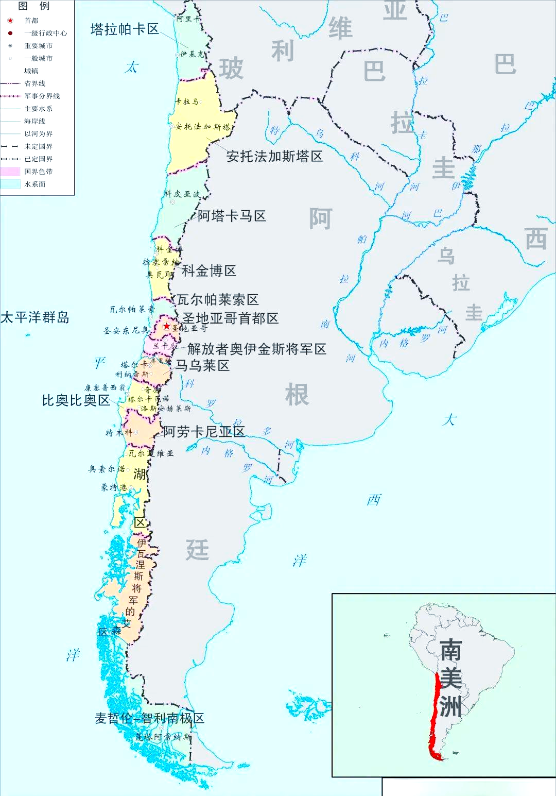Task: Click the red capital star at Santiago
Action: pyautogui.click(x=167, y=326)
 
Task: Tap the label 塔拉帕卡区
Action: pyautogui.click(x=125, y=29)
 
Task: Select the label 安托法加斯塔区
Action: pyautogui.click(x=274, y=156)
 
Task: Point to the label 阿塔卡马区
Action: pyautogui.click(x=232, y=216)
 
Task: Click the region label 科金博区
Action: pyautogui.click(x=209, y=270)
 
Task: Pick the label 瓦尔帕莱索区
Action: pyautogui.click(x=218, y=299)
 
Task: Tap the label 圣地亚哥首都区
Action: pyautogui.click(x=230, y=318)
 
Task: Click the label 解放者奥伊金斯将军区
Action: pyautogui.click(x=256, y=349)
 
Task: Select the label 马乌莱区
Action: pyautogui.click(x=202, y=365)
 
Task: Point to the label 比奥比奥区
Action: pyautogui.click(x=76, y=400)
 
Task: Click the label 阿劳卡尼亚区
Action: pyautogui.click(x=204, y=432)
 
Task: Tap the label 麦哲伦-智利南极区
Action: pyautogui.click(x=149, y=718)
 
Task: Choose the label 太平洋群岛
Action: pyautogui.click(x=34, y=317)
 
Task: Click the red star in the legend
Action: pyautogui.click(x=10, y=21)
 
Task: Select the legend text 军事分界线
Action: pyautogui.click(x=42, y=96)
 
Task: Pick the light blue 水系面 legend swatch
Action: pyautogui.click(x=10, y=184)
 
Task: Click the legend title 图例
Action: pyautogui.click(x=34, y=6)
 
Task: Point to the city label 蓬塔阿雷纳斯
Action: pyautogui.click(x=163, y=737)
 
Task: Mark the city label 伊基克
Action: pyautogui.click(x=192, y=54)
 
